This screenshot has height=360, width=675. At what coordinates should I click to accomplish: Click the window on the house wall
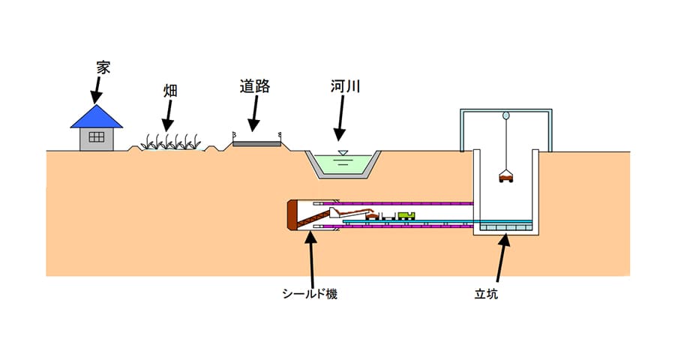96,136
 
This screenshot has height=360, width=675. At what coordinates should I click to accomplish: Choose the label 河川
346,87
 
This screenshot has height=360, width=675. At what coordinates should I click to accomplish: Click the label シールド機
310,294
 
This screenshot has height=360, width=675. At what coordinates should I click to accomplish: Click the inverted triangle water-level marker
343,153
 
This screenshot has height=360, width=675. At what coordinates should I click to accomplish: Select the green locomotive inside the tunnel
406,215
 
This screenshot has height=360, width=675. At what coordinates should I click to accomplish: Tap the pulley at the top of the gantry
506,117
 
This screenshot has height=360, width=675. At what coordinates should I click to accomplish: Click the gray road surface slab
256,142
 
